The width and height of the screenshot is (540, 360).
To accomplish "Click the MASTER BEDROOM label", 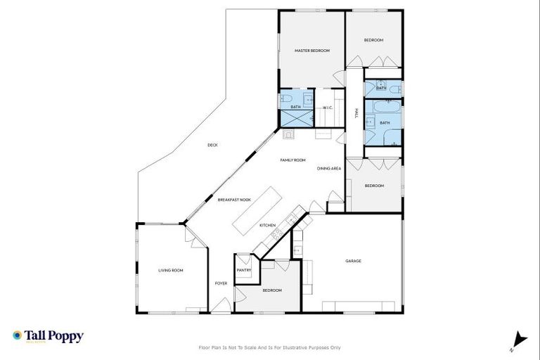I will [x=312, y=51].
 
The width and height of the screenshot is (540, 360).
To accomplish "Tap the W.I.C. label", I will [x=327, y=108].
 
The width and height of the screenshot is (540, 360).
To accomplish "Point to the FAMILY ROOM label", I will [x=292, y=160].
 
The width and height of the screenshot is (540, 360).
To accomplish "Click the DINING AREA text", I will [x=328, y=169].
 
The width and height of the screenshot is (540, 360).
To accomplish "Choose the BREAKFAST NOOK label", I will [x=234, y=200].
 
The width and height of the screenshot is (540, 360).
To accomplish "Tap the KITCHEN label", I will [x=267, y=225].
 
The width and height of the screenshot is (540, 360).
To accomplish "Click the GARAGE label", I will [x=353, y=261].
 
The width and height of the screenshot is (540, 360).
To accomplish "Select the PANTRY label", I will [x=244, y=270].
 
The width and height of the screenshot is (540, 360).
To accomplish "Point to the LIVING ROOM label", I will [x=170, y=270].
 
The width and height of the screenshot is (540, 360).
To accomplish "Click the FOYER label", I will [x=221, y=283].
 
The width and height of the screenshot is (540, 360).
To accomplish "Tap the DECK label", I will [x=212, y=146].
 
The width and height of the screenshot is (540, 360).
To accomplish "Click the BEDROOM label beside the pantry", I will [x=272, y=290].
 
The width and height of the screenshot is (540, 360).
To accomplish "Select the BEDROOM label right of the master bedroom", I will [x=373, y=40].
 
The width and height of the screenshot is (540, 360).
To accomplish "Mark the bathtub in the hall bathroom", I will [x=384, y=108].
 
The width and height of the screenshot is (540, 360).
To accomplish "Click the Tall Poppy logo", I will [x=48, y=336].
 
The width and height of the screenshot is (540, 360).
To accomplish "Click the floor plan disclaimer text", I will [x=270, y=347].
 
